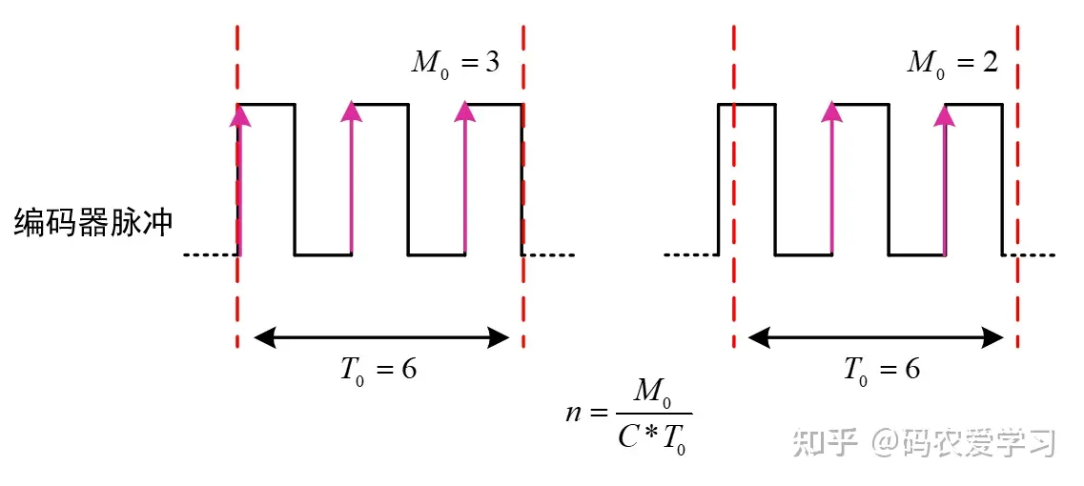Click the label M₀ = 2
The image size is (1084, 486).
pyautogui.click(x=952, y=64)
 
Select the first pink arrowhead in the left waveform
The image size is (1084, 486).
pyautogui.click(x=240, y=115)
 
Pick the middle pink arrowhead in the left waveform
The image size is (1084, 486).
pyautogui.click(x=352, y=111)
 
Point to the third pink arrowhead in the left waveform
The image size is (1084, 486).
pyautogui.click(x=465, y=111)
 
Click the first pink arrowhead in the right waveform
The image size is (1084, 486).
pyautogui.click(x=832, y=111)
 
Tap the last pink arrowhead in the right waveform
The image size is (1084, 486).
pyautogui.click(x=945, y=115)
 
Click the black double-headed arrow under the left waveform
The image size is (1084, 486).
pyautogui.click(x=381, y=336)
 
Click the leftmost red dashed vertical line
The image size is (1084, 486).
pyautogui.click(x=237, y=181)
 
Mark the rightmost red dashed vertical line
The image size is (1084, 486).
pyautogui.click(x=1018, y=181)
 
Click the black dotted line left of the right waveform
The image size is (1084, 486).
pyautogui.click(x=690, y=255)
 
